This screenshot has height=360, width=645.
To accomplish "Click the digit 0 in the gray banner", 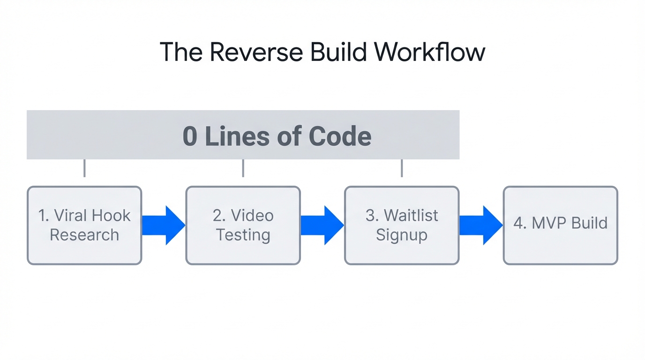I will (x=190, y=136).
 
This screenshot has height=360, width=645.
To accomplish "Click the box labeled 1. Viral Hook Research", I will (x=84, y=225).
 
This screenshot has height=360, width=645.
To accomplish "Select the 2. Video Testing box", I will (x=243, y=225).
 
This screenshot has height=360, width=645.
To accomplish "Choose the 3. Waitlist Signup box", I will (x=402, y=225).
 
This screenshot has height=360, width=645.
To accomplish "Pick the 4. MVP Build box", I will (x=560, y=225).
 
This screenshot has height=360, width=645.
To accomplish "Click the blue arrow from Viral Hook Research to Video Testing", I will (x=163, y=225).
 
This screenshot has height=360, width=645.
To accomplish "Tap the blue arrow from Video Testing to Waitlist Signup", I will (x=322, y=225).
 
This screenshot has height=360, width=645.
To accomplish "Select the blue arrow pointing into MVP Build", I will (x=480, y=225).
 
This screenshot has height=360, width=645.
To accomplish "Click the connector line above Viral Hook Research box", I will (x=84, y=168).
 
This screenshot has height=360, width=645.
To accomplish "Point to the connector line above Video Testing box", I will (x=243, y=168).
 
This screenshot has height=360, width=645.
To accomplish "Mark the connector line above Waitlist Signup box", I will (x=402, y=168).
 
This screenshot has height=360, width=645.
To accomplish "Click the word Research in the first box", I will (x=84, y=235).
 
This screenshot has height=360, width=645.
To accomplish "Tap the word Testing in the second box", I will (x=243, y=235).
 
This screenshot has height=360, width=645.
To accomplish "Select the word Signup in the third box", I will (x=402, y=235).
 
